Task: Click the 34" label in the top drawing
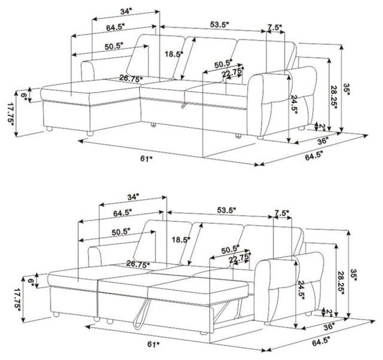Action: [x=126, y=11]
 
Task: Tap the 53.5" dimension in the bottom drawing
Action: [x=226, y=210]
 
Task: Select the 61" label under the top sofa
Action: [x=146, y=158]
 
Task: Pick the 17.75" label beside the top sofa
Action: [x=11, y=114]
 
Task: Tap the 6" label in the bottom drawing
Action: [x=31, y=284]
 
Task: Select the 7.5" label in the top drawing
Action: [x=275, y=28]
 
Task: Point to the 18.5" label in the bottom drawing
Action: [x=181, y=239]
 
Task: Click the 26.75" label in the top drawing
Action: [x=131, y=78]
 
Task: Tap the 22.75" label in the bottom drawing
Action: [x=240, y=258]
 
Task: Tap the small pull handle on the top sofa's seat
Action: [x=183, y=105]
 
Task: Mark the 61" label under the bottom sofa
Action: [x=153, y=344]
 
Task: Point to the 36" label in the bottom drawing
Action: [x=329, y=327]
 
